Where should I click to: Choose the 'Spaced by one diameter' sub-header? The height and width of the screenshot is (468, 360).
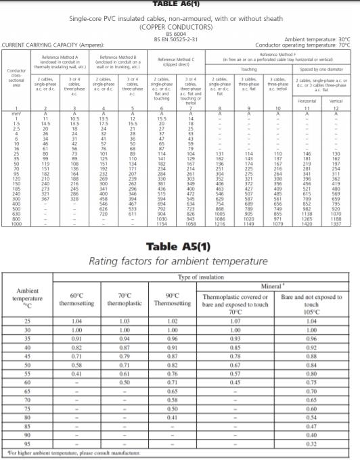(320, 69)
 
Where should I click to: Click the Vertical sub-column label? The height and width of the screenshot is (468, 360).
(333, 101)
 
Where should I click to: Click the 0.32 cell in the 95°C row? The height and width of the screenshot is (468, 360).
(311, 444)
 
